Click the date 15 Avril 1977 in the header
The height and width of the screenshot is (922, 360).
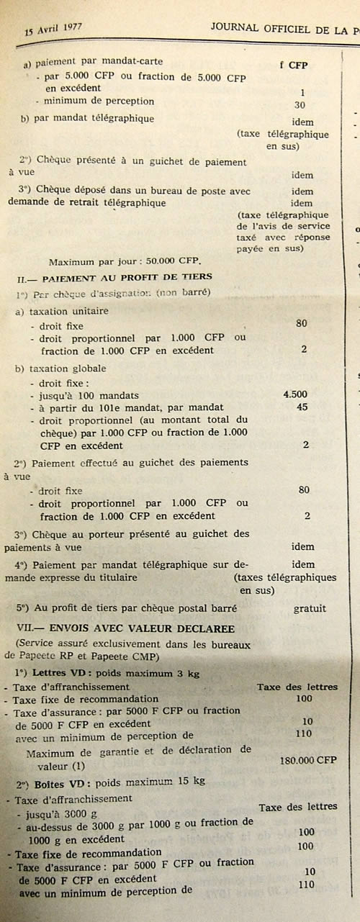pyautogui.click(x=54, y=30)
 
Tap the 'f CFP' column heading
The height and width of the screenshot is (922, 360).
pyautogui.click(x=293, y=65)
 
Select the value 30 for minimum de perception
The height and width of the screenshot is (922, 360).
pyautogui.click(x=300, y=104)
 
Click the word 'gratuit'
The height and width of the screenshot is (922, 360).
pyautogui.click(x=310, y=608)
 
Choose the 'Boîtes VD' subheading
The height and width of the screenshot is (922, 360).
pyautogui.click(x=54, y=779)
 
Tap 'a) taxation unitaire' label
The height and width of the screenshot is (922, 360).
pyautogui.click(x=63, y=311)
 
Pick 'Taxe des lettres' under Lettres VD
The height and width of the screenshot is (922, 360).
pyautogui.click(x=297, y=687)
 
